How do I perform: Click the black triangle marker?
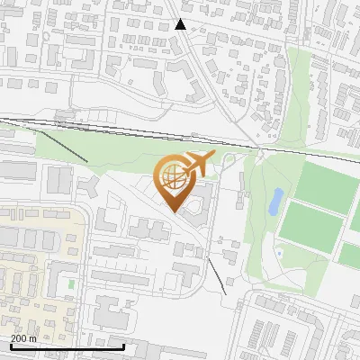coord(181,24)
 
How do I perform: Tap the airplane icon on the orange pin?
coord(198,165)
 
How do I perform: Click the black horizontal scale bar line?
coord(67,346)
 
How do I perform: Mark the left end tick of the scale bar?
coord(10,345)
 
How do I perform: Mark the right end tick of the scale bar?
coord(123,345)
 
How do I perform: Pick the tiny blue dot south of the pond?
coord(279,253)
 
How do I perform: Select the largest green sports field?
coord(322,186)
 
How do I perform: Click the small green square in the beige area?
coord(71,283)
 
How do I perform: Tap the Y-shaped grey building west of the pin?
coord(91,186)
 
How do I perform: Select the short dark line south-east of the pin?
coord(216,274)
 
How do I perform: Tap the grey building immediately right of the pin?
coord(202,202)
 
